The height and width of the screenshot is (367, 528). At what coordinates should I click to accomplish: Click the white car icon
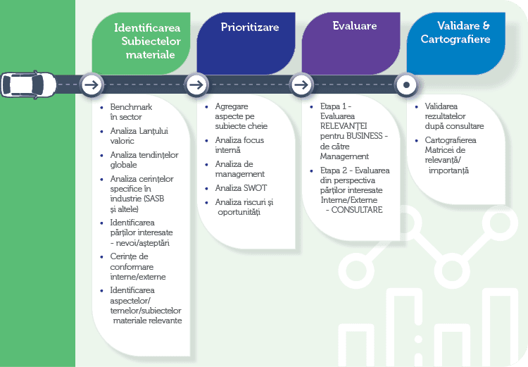tap(25, 85)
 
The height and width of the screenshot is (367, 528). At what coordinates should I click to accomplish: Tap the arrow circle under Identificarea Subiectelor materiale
tap(90, 85)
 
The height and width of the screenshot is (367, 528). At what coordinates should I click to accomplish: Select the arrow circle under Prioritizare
tap(196, 85)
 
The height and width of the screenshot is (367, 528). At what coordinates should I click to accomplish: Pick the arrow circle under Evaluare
tap(301, 85)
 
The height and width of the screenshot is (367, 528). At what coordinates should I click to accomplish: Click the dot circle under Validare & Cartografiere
tap(406, 85)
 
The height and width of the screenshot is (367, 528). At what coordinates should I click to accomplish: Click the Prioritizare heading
tap(249, 27)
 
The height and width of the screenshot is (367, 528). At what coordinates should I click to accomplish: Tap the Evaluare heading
tap(354, 26)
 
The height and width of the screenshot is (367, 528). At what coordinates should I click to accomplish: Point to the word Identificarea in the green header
tap(147, 28)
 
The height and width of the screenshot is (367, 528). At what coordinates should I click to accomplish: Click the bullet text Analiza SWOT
tap(241, 188)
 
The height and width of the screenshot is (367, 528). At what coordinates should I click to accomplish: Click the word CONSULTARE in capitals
tap(357, 209)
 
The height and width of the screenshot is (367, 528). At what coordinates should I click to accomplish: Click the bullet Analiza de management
tap(239, 169)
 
